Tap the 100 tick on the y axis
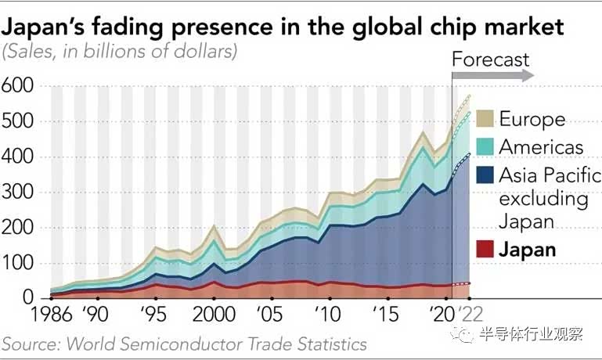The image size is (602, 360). point(21,264)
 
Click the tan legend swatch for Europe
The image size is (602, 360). point(485,119)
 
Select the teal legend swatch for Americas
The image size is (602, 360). point(485,146)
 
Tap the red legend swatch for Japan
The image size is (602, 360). point(485,250)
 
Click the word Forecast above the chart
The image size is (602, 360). point(491,59)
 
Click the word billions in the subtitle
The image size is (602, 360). point(110,52)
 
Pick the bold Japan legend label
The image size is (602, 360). point(528,250)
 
